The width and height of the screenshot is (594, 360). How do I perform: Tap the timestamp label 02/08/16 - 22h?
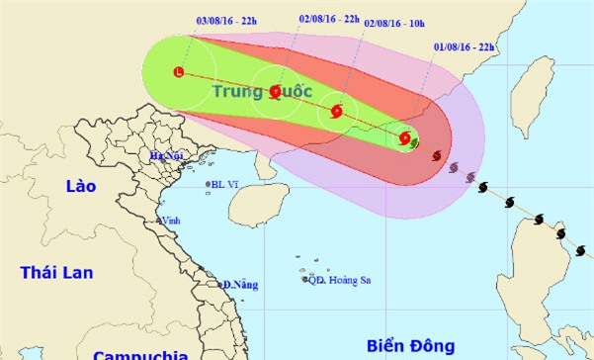coord(329,19)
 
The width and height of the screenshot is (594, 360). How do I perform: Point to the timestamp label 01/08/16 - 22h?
coord(468,46)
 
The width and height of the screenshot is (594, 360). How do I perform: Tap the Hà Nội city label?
coord(169,156)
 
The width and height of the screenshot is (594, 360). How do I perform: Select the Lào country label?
coord(76,187)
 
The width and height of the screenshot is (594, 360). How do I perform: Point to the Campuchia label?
coord(140,353)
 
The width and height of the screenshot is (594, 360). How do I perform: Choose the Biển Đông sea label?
coord(410,345)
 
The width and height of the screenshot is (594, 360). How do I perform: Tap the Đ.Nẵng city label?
coord(241,285)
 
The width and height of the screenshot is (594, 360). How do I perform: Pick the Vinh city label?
coord(172,221)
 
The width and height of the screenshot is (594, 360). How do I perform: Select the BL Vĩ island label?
coord(225,185)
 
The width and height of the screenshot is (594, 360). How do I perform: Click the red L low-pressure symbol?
coord(178,71)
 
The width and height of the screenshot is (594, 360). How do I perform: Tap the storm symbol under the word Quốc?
coord(276,92)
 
